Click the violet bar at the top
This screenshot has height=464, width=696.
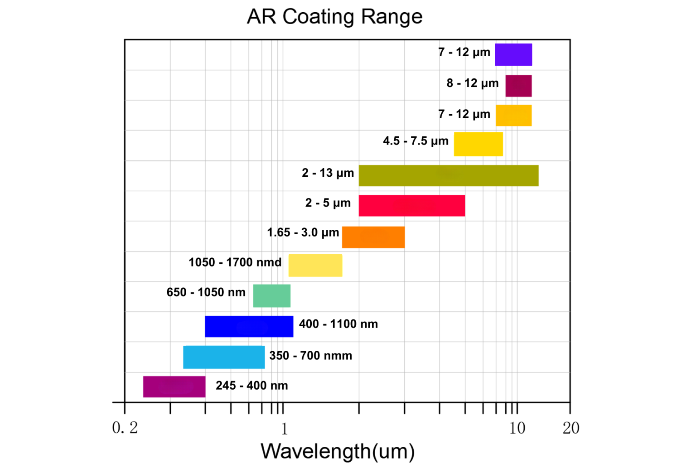513,54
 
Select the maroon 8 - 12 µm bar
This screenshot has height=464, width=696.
518,86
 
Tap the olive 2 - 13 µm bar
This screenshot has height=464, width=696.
448,175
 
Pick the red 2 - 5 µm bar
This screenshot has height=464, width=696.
411,206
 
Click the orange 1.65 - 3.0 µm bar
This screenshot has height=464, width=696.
373,237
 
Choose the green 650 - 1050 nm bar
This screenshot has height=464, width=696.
271,295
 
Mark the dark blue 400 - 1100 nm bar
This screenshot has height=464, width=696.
249,326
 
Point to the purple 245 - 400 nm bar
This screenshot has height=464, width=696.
174,387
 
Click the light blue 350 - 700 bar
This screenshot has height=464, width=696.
224,357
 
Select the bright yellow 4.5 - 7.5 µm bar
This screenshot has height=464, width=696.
478,144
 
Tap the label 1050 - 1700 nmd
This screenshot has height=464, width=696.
235,262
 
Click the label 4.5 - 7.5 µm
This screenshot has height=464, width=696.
416,141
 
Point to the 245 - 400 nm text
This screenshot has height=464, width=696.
251,386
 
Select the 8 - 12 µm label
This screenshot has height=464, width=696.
472,83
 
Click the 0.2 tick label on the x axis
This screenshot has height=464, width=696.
125,428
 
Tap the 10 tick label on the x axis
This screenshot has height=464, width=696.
517,428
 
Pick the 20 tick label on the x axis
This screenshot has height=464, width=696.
570,428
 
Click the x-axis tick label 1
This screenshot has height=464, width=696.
284,428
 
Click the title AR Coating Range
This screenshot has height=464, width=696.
334,17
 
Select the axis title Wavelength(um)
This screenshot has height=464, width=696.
338,451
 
